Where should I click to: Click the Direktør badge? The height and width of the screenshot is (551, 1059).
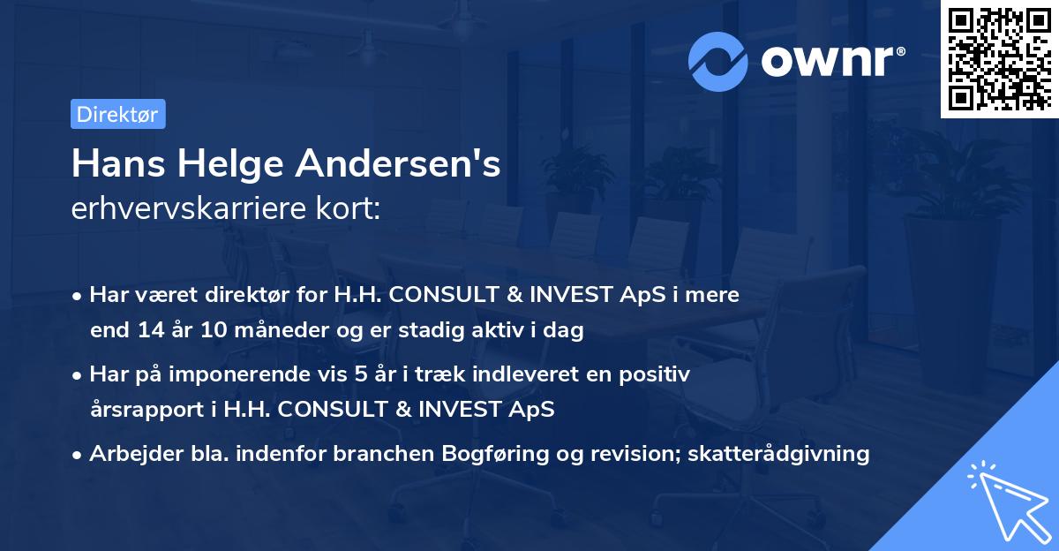[117, 114]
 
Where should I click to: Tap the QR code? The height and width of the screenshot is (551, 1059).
[998, 58]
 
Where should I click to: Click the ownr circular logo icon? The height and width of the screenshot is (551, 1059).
[718, 61]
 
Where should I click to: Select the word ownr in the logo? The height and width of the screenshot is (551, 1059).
[833, 60]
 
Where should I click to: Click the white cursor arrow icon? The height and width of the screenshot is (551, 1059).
[1006, 502]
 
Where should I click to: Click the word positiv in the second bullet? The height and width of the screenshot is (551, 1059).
[657, 374]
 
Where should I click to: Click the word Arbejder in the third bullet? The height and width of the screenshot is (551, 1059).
[128, 454]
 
